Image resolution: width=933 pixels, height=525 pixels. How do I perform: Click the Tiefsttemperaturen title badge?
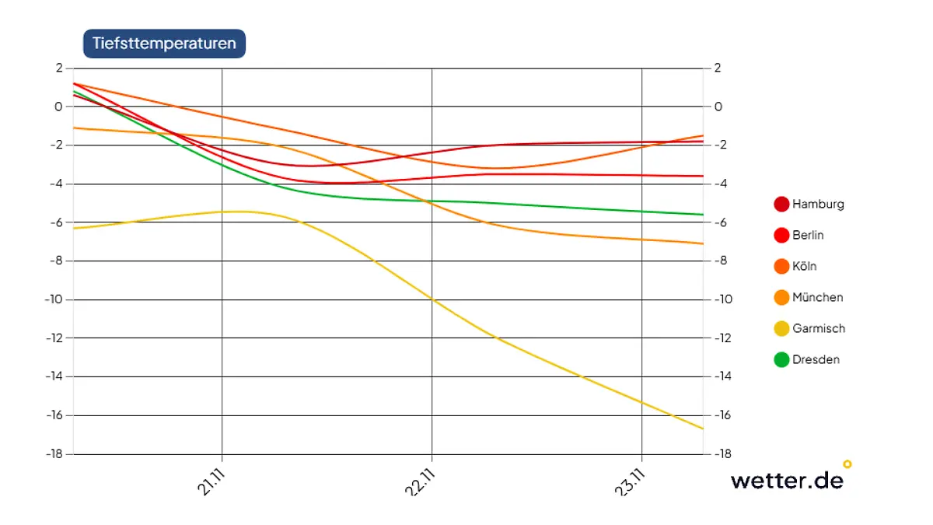[x=164, y=44]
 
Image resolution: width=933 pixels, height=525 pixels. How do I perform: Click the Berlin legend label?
[x=808, y=236]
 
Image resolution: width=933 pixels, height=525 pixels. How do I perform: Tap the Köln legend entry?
[x=804, y=267]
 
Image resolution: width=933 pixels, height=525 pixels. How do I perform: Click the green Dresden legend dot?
[x=781, y=360]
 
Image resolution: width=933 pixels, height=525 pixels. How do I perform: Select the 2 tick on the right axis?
[x=718, y=68]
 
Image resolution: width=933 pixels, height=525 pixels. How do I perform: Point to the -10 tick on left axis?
[x=52, y=299]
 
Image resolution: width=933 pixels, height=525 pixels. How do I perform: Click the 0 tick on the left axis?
[x=58, y=107]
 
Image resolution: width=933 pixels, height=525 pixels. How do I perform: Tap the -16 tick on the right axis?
[x=721, y=415]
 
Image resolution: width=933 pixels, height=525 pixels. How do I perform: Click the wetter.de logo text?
[x=787, y=480]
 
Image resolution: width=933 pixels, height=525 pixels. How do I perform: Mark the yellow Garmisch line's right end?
[x=703, y=429]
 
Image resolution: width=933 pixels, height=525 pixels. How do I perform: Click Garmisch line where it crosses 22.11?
[x=432, y=299]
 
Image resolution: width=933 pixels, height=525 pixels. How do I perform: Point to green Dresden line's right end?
[x=703, y=215]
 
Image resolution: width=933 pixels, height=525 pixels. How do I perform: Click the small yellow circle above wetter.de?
[x=847, y=464]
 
